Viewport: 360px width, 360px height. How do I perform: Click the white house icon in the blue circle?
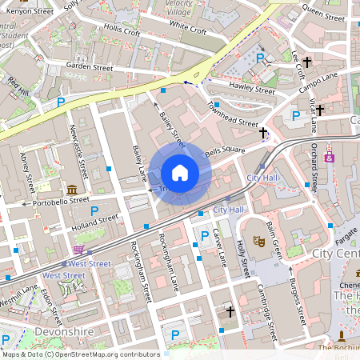(x=180, y=173)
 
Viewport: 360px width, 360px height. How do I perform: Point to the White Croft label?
(x=188, y=30)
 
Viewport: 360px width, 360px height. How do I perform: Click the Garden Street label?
(x=90, y=68)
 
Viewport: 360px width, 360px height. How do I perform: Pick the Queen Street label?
(x=324, y=14)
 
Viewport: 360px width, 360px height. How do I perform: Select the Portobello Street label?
(x=54, y=202)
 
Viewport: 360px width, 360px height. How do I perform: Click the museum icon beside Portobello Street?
(x=73, y=190)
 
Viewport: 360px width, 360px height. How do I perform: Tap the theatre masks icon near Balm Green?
(x=259, y=239)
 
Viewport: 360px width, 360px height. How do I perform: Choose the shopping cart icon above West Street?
(x=78, y=250)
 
